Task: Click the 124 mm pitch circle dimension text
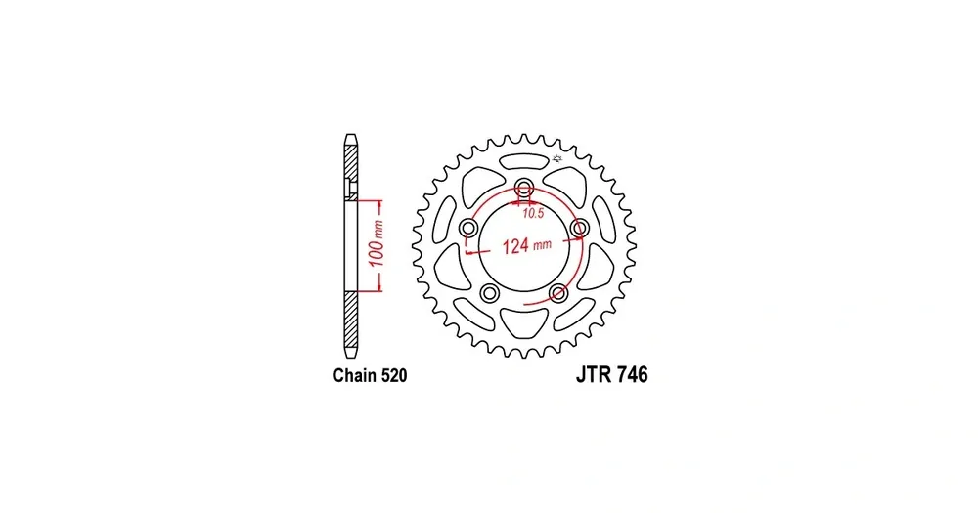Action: click(527, 245)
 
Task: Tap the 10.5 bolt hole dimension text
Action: click(533, 213)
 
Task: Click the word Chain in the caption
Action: click(354, 375)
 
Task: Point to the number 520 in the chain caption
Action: click(393, 375)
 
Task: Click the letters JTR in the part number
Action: click(594, 374)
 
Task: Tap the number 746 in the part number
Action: click(633, 374)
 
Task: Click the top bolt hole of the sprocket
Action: click(524, 186)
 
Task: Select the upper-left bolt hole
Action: click(468, 229)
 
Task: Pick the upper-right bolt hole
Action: click(580, 228)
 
